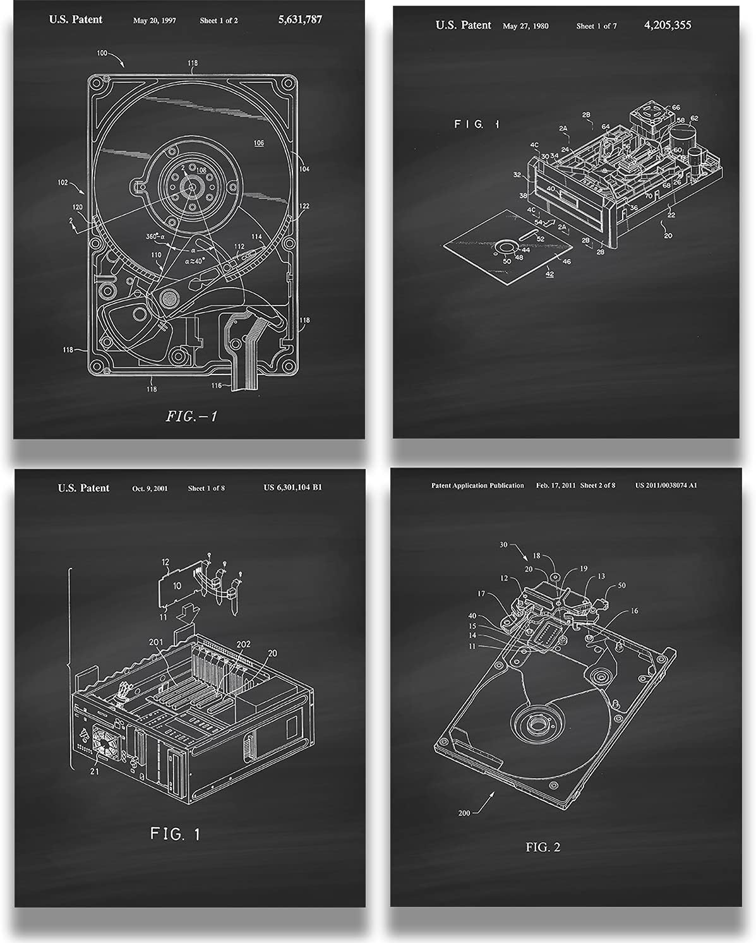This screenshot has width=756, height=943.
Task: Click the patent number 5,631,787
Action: pyautogui.click(x=300, y=20)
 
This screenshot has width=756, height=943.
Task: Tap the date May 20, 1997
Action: pyautogui.click(x=154, y=20)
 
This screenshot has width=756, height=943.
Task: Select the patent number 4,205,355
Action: pyautogui.click(x=668, y=25)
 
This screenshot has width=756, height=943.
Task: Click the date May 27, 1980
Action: pyautogui.click(x=525, y=26)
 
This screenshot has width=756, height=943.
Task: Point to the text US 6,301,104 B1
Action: pyautogui.click(x=292, y=488)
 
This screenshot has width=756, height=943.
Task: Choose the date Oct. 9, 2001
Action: pyautogui.click(x=150, y=488)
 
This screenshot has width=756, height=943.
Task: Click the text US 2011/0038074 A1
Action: pyautogui.click(x=666, y=485)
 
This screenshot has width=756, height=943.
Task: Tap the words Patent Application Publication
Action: pyautogui.click(x=477, y=485)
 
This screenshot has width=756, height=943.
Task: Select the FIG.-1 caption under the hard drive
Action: pyautogui.click(x=191, y=416)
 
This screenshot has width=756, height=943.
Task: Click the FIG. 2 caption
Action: pyautogui.click(x=543, y=847)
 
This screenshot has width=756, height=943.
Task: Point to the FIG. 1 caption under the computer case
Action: pyautogui.click(x=175, y=834)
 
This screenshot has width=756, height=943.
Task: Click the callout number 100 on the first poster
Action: pyautogui.click(x=102, y=53)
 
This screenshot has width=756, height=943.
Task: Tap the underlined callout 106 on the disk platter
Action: pyautogui.click(x=258, y=143)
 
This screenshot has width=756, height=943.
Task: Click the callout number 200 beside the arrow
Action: pyautogui.click(x=464, y=813)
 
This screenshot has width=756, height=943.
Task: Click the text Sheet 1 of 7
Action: pyautogui.click(x=596, y=26)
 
